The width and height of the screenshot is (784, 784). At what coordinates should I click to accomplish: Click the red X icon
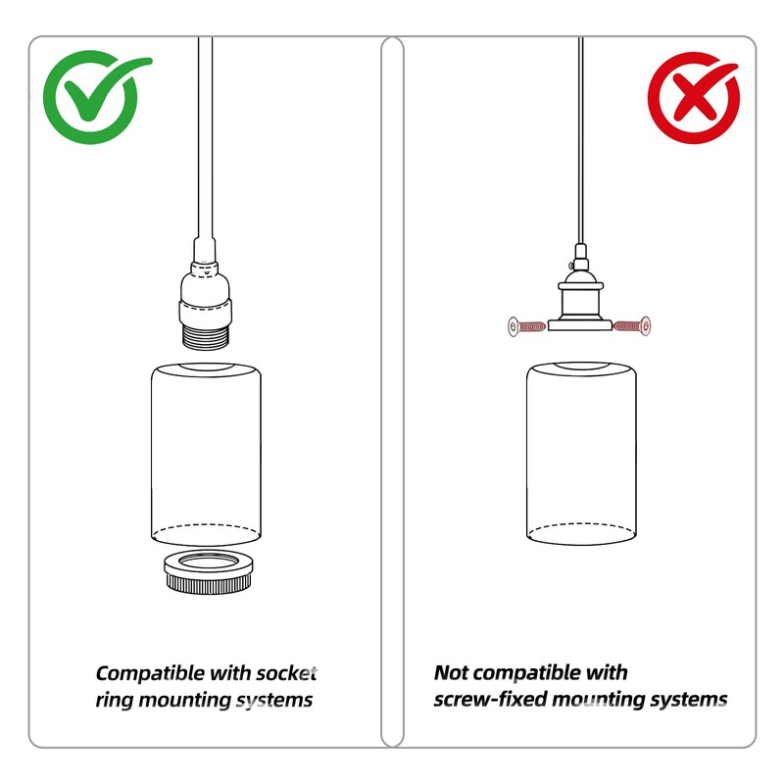pos(694,98)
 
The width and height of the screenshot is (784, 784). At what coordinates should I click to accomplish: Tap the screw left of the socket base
pos(526,326)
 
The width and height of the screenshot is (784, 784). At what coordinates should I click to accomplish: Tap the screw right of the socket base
pos(632,326)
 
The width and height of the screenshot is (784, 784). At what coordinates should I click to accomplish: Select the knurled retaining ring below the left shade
pos(209,572)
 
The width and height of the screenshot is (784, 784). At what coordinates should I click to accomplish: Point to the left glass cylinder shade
pos(206,455)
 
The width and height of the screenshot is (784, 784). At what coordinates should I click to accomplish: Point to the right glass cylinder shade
pos(581,454)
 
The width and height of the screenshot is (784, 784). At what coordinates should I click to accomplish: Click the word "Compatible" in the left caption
pos(150,673)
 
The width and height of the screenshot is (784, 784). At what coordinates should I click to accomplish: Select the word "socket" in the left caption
pos(286,673)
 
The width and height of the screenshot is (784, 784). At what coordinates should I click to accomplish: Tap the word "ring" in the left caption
pos(114,701)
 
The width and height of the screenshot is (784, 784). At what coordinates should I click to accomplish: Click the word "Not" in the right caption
pos(451,672)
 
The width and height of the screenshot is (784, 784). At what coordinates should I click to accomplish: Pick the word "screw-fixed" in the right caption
pos(490,699)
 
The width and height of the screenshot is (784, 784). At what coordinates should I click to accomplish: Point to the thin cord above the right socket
pos(580,140)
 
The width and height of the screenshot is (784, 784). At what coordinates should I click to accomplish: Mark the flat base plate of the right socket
pos(580,325)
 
